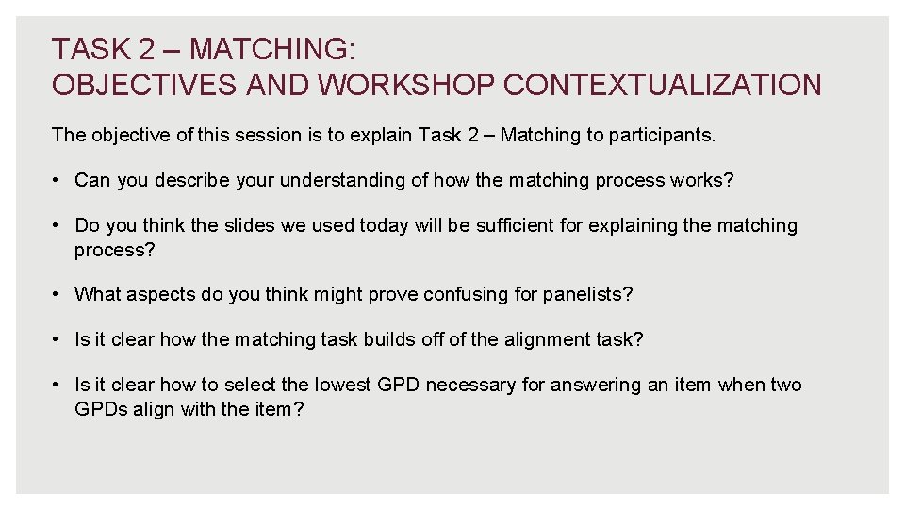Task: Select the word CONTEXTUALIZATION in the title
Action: (663, 85)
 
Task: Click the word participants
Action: (663, 135)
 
